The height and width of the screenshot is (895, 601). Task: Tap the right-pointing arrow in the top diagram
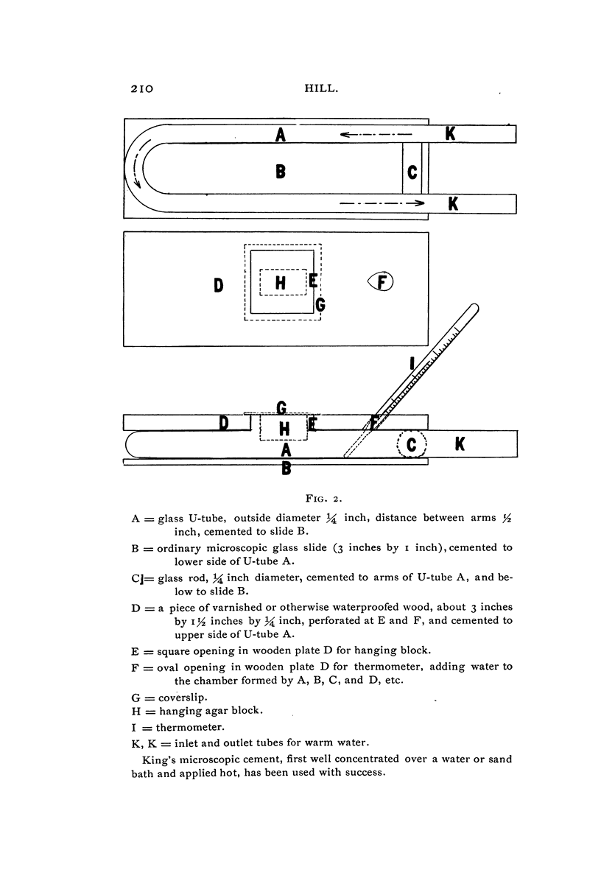(x=383, y=202)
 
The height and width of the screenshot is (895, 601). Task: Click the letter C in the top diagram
(x=412, y=172)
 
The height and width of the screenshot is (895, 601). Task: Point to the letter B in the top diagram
(x=280, y=172)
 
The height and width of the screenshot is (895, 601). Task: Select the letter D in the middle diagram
(x=219, y=284)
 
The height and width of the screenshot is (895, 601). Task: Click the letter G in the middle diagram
(x=320, y=303)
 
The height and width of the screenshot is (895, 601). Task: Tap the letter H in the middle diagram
(x=280, y=282)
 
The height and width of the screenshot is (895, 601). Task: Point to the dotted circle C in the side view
(x=412, y=444)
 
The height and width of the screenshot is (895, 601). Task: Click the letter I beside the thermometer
(x=412, y=362)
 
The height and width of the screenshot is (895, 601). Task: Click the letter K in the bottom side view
(x=460, y=443)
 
